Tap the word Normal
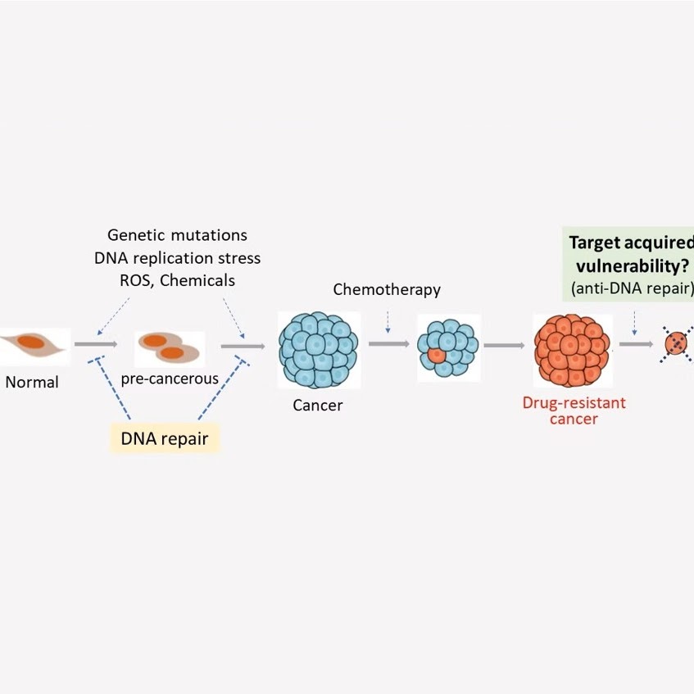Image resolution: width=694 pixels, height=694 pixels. coord(31,382)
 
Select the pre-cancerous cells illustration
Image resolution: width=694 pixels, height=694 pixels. coord(168,347)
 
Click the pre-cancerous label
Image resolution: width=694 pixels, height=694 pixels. coord(170,379)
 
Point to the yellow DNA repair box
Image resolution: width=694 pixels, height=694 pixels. coord(165,438)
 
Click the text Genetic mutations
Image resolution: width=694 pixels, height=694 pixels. coord(177,236)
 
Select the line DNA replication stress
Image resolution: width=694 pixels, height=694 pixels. coord(177,258)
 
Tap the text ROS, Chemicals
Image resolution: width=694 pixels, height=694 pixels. coord(177,280)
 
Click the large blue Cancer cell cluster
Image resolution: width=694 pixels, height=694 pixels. coord(318,349)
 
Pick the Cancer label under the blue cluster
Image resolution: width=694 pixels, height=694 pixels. coord(318,405)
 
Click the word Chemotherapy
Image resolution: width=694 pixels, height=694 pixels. coord(387,289)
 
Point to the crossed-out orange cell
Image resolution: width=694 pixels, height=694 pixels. coord(677,345)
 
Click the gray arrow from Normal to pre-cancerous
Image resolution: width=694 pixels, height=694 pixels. coord(96,345)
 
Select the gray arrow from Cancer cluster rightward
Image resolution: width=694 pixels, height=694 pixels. coord(388,345)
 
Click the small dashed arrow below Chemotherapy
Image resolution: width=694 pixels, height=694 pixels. coord(388,323)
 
